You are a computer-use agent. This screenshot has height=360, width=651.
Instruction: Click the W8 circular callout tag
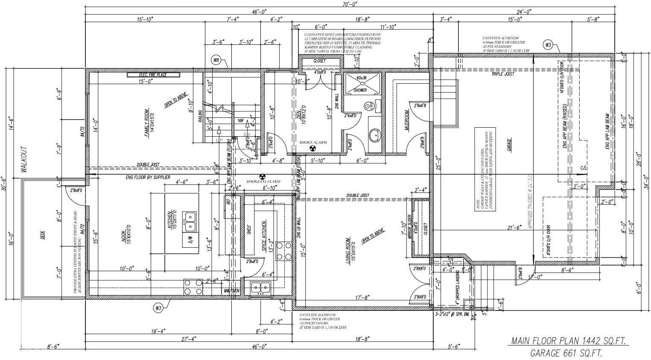(x=216, y=60)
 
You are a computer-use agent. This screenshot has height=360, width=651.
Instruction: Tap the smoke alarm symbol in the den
(x=312, y=149)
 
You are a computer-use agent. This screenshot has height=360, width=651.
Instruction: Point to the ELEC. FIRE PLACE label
(x=153, y=75)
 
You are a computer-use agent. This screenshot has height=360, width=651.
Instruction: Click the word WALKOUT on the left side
(x=23, y=160)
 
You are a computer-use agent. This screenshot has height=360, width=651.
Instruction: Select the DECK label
(x=43, y=234)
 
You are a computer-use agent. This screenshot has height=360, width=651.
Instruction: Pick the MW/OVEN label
(x=232, y=291)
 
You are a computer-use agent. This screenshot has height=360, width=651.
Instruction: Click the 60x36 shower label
(x=362, y=78)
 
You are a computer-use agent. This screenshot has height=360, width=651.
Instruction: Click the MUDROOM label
(x=407, y=120)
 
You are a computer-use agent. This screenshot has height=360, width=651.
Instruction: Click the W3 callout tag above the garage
(x=548, y=45)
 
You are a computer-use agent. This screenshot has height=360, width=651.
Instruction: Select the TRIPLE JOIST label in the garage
(x=502, y=74)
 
